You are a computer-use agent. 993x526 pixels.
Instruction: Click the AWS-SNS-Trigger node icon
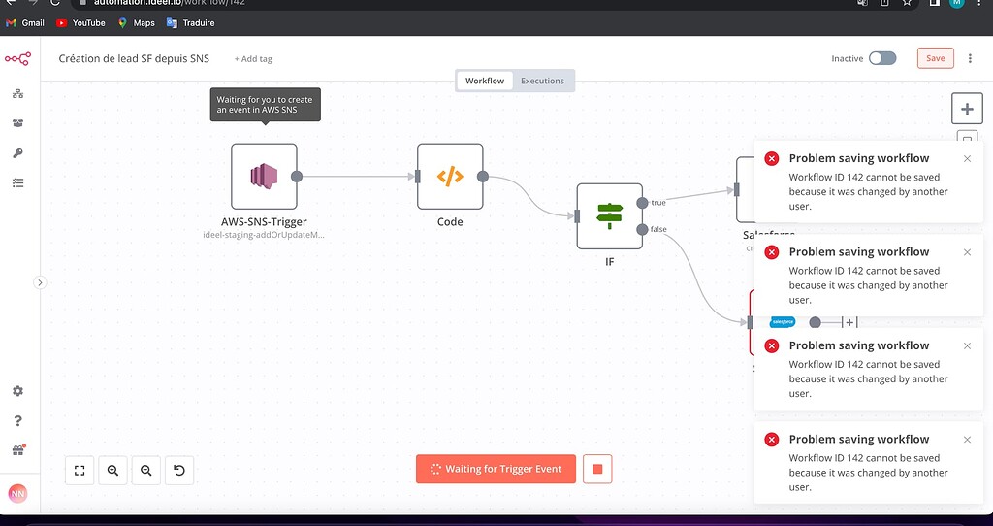(264, 176)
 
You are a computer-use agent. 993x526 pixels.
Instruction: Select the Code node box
(450, 177)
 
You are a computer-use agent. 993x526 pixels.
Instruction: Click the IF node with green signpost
(609, 215)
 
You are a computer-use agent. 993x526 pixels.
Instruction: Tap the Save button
(935, 58)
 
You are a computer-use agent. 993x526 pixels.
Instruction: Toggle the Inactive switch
(881, 58)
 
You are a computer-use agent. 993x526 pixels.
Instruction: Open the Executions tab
(542, 81)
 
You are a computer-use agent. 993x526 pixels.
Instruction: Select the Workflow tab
(485, 81)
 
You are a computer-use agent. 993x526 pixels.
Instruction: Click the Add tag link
(253, 59)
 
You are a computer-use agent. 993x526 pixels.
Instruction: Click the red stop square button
(597, 469)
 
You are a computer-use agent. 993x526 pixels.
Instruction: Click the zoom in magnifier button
(112, 471)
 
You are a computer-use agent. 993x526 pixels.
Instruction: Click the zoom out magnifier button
(146, 471)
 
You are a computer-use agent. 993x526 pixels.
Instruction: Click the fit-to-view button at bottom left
(80, 471)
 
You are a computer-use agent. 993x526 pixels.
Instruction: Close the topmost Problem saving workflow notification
(967, 159)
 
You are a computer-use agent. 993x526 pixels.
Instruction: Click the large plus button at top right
(967, 108)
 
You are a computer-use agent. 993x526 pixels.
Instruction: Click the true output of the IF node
(642, 203)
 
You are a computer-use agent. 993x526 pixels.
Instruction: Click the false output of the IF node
(642, 229)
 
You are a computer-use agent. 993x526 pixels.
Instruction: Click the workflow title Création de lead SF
(134, 58)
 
